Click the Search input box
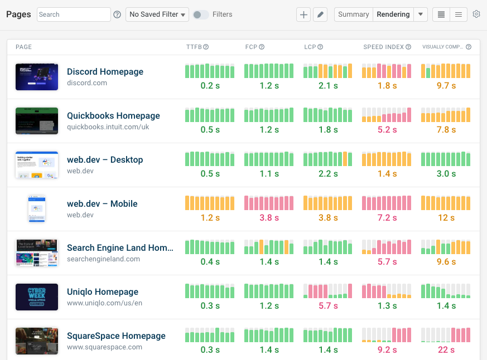74,14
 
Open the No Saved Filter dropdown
157,14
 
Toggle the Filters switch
201,14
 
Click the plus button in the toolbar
303,14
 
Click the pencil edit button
320,14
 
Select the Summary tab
353,14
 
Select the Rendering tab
393,14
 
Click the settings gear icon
476,14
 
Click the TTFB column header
194,47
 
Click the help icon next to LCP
320,47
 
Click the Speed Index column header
383,47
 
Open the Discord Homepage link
105,71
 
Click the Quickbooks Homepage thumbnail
37,121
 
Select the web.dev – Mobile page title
102,203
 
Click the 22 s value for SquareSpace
446,349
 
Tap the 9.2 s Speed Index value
387,349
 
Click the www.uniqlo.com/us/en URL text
104,303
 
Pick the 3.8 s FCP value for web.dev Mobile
269,217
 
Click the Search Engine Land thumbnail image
37,253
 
